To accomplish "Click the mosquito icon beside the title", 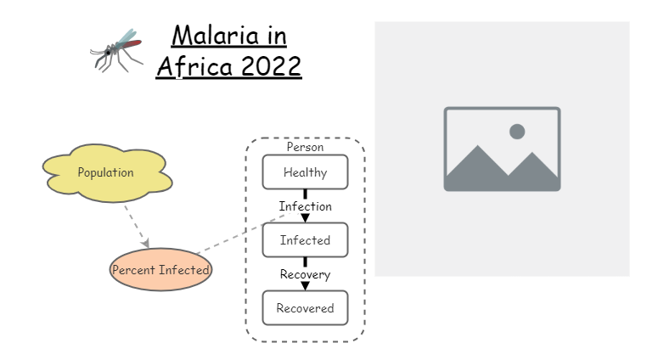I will [115, 49].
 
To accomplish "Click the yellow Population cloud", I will [106, 172].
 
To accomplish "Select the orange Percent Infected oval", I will [160, 270].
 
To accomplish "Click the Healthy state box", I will [305, 172].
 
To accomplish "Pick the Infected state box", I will [305, 240].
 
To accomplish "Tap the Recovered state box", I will [305, 308].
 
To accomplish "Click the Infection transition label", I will [305, 206].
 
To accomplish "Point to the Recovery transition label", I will [305, 274].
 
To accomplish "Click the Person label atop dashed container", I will [305, 147].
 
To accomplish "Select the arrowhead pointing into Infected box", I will [305, 218].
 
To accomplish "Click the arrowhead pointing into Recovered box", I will [305, 286].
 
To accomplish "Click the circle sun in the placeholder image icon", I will [516, 132].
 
